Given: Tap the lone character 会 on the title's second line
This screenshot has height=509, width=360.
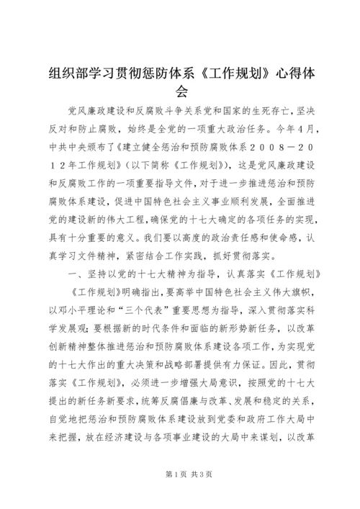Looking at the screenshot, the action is [180, 91].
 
